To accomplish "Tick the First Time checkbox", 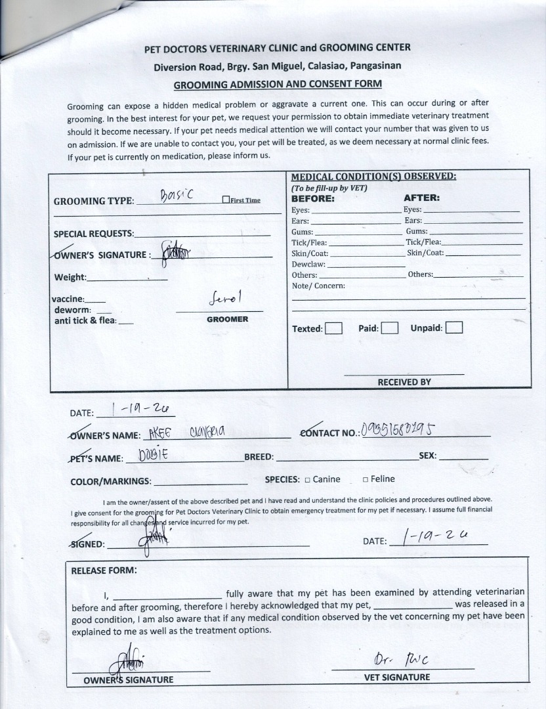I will pos(226,200).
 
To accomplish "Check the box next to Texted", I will pos(333,328).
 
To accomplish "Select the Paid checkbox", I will pos(390,328).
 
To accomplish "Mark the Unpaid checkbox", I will pos(454,328).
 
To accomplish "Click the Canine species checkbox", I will pos(307,480).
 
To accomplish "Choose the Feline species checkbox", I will pos(365,480).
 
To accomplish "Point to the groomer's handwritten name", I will pos(225,300).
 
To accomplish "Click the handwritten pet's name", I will pos(154,456).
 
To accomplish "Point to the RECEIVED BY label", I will pos(404,382).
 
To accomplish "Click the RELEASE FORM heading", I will pos(104,570).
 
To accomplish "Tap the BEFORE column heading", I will pos(312,198).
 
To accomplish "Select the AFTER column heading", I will pos(421,198).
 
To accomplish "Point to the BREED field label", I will pos(259,457).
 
